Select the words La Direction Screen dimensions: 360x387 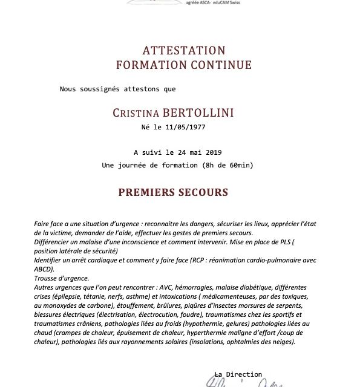tap(238, 374)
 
